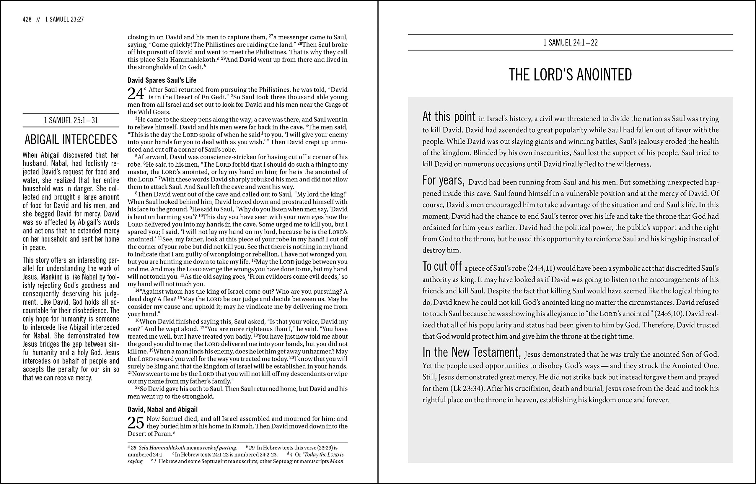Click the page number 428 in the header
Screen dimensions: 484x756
[27, 20]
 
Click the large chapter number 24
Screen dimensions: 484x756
[136, 94]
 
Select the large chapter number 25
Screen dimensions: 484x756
[136, 423]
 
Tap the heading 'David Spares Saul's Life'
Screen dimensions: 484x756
[162, 80]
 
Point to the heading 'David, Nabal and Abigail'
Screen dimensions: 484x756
[162, 409]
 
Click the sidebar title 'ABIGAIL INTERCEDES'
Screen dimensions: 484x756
[71, 139]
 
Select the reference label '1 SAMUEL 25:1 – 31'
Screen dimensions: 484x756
[71, 120]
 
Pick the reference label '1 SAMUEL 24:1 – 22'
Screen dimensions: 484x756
[570, 43]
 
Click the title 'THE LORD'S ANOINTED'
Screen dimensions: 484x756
[570, 75]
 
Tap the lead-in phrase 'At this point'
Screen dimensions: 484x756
[449, 117]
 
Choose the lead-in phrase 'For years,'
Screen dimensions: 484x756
[443, 181]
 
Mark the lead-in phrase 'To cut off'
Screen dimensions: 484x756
[442, 266]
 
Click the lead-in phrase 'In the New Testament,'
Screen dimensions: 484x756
[471, 352]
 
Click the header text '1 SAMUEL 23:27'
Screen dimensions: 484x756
[64, 20]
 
